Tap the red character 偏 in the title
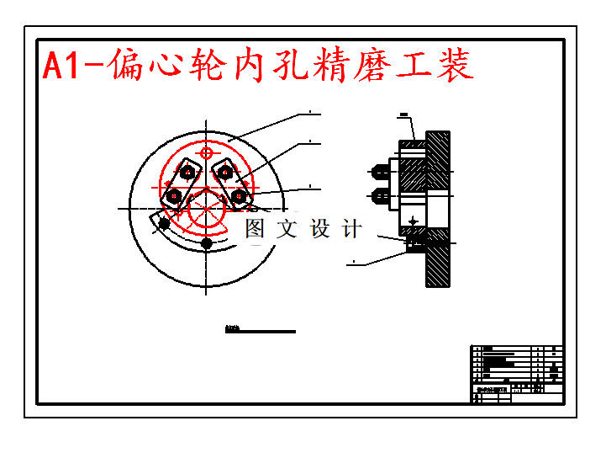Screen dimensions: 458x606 tap(129, 65)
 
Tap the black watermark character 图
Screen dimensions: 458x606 tap(255, 228)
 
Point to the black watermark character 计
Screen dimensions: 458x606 tap(351, 228)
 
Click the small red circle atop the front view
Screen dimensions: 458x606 tap(207, 152)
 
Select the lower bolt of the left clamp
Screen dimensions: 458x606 tap(173, 196)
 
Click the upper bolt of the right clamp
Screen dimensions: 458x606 tap(224, 173)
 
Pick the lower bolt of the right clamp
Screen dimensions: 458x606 tap(240, 196)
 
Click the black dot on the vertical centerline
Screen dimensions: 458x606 tap(207, 243)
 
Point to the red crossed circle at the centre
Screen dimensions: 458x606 tap(203, 210)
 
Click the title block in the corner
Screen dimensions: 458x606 tap(515, 374)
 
